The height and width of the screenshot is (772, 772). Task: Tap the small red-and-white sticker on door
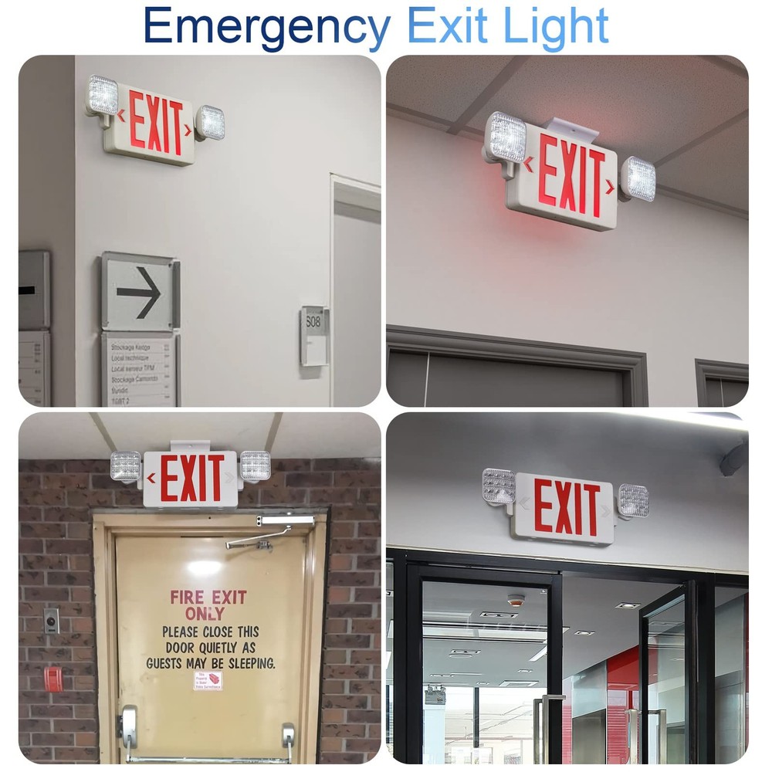pyautogui.click(x=208, y=680)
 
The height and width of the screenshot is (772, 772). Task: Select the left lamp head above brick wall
pyautogui.click(x=126, y=467)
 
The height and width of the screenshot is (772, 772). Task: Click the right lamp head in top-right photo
pyautogui.click(x=638, y=178)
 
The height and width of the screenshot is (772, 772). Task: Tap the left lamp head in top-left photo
pyautogui.click(x=102, y=97)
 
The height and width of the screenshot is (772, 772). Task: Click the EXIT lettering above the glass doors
pyautogui.click(x=567, y=507)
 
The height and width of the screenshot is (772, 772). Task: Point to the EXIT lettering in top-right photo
pyautogui.click(x=571, y=174)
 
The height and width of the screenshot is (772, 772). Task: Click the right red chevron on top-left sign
pyautogui.click(x=188, y=128)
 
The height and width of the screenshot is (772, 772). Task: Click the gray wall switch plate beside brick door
pyautogui.click(x=51, y=621)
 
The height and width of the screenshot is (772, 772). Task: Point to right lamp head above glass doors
pyautogui.click(x=633, y=500)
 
